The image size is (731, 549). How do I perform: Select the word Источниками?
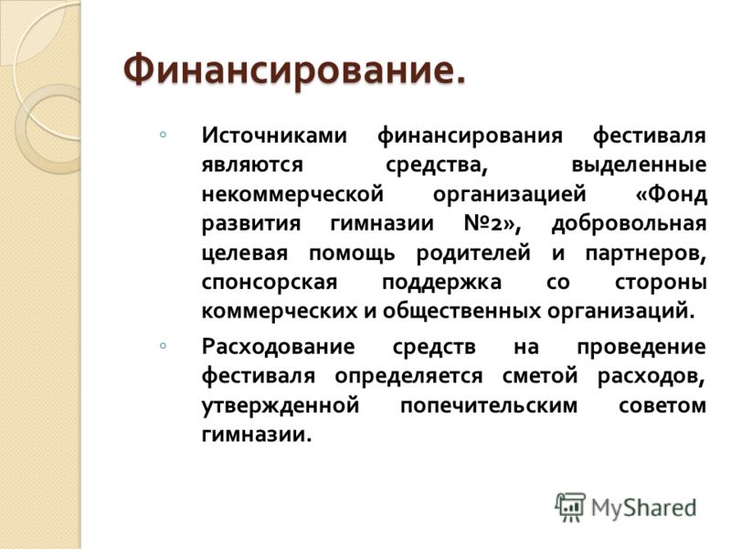pyautogui.click(x=275, y=135)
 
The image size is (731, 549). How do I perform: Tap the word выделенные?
pyautogui.click(x=639, y=166)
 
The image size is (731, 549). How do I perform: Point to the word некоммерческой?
pyautogui.click(x=292, y=194)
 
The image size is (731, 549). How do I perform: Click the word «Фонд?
pyautogui.click(x=672, y=194)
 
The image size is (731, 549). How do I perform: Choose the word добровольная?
pyautogui.click(x=629, y=224)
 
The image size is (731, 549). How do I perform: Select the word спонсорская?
pyautogui.click(x=270, y=283)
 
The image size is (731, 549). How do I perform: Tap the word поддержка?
pyautogui.click(x=441, y=283)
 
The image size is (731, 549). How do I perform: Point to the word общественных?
pyautogui.click(x=462, y=311)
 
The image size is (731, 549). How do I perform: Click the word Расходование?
pyautogui.click(x=279, y=347)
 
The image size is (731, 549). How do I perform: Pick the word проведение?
pyautogui.click(x=641, y=348)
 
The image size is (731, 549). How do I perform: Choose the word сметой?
pyautogui.click(x=540, y=376)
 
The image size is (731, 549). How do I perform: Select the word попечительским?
pyautogui.click(x=489, y=405)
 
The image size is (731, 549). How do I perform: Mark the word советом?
pyautogui.click(x=662, y=405)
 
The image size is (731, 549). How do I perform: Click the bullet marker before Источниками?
pyautogui.click(x=163, y=135)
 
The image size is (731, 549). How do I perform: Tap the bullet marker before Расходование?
pyautogui.click(x=163, y=346)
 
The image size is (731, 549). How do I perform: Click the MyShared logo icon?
pyautogui.click(x=570, y=507)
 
